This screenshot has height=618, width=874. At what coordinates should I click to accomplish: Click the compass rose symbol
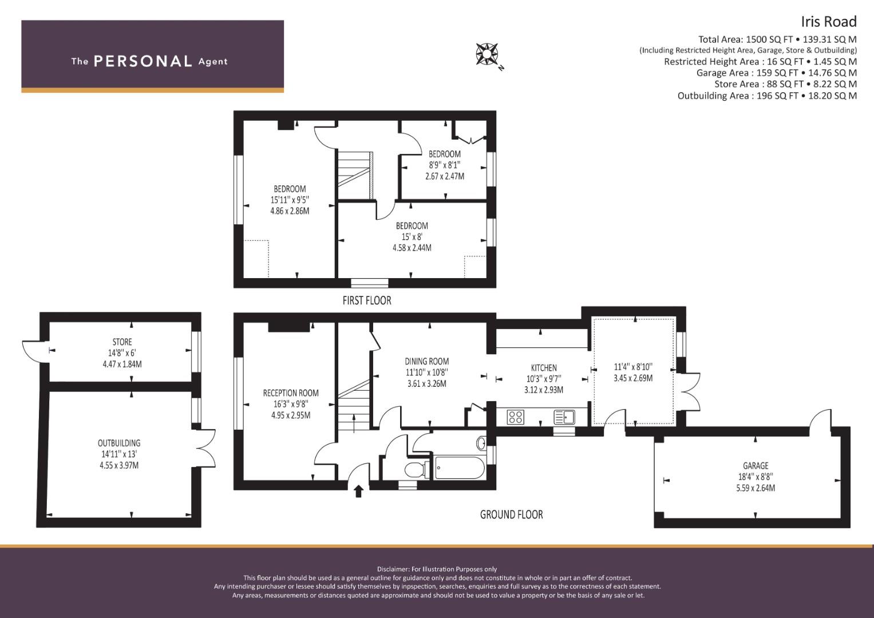tap(487, 54)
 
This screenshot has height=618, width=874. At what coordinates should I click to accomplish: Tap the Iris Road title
tap(829, 22)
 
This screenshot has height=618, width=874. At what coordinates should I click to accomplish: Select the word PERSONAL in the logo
tap(143, 61)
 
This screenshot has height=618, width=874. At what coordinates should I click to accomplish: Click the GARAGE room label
tap(756, 465)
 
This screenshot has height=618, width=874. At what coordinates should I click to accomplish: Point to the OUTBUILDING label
tap(119, 443)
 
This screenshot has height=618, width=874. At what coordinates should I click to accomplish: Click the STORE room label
tap(122, 342)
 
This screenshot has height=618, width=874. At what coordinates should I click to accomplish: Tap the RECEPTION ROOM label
tap(291, 393)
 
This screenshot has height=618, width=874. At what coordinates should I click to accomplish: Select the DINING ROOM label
tap(427, 361)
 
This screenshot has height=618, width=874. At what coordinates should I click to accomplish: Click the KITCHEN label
tap(544, 367)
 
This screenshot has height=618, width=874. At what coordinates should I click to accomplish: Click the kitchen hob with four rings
tap(516, 417)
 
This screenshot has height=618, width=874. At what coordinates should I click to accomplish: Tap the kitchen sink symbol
tap(564, 417)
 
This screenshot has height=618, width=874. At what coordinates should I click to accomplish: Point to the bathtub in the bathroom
tap(460, 468)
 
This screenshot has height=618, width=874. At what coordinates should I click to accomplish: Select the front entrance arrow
tap(358, 491)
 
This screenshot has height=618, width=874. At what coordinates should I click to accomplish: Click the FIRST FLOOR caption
tap(367, 300)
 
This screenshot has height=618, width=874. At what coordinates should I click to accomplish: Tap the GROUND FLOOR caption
tap(511, 514)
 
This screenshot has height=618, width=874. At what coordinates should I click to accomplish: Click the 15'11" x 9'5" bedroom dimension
tap(290, 200)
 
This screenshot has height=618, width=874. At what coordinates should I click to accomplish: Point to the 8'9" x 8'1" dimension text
tap(444, 165)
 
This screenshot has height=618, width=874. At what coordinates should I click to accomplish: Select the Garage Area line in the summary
tap(777, 73)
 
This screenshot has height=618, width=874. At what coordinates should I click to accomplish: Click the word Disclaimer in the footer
tap(393, 569)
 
